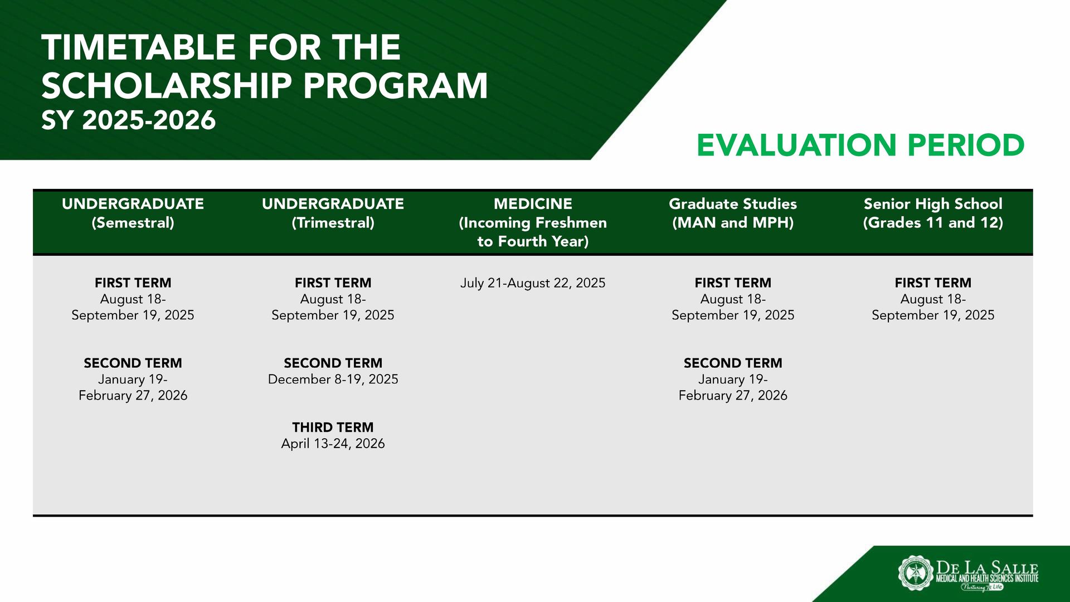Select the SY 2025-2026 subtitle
click(128, 120)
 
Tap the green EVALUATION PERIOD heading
click(860, 145)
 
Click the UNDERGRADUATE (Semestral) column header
click(133, 213)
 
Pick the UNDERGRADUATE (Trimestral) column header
click(333, 213)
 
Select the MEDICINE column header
click(533, 222)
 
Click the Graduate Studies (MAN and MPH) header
click(733, 213)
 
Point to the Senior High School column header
click(933, 213)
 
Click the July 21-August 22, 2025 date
click(533, 283)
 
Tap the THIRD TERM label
click(333, 428)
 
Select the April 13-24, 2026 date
click(333, 444)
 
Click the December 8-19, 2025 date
click(333, 380)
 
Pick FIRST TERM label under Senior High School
click(933, 283)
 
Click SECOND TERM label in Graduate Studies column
click(733, 363)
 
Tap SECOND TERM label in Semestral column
click(133, 363)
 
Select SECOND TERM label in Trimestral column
click(333, 363)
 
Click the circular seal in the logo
click(915, 572)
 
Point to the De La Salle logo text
click(986, 569)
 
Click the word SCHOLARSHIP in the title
click(166, 86)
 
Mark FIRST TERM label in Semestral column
click(133, 283)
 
